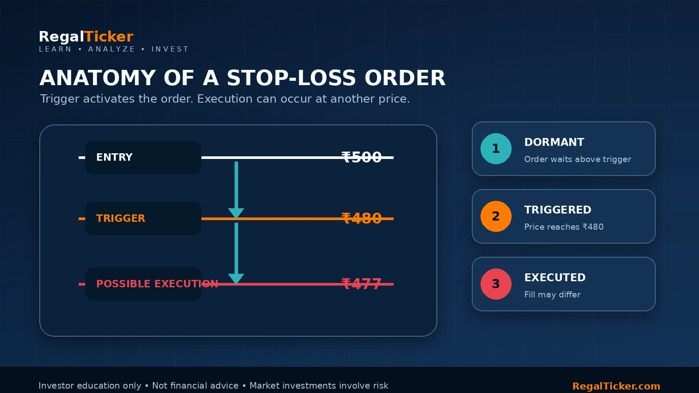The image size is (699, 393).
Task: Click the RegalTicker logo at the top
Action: click(86, 37)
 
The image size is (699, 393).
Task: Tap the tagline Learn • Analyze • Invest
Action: click(114, 49)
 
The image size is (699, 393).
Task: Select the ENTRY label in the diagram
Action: click(114, 157)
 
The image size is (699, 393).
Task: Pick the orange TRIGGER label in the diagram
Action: click(121, 218)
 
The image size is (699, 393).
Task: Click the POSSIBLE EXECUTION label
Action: click(157, 284)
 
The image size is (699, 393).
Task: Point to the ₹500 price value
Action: click(361, 157)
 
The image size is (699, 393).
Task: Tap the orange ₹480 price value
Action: click(361, 218)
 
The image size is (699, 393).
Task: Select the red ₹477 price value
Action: click(361, 284)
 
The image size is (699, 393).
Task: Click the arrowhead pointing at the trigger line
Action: click(236, 214)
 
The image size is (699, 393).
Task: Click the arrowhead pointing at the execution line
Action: click(236, 279)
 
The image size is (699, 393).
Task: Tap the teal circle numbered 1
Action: click(496, 148)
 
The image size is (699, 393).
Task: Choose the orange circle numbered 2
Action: click(496, 216)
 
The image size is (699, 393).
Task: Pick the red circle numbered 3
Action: click(496, 284)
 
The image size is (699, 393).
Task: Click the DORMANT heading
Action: click(554, 142)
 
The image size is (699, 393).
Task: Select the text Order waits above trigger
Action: click(578, 159)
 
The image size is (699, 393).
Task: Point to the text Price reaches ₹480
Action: click(564, 227)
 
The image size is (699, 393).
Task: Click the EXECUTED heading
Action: click(555, 278)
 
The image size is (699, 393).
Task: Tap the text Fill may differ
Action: click(552, 294)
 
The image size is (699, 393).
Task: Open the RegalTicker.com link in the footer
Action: click(616, 386)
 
